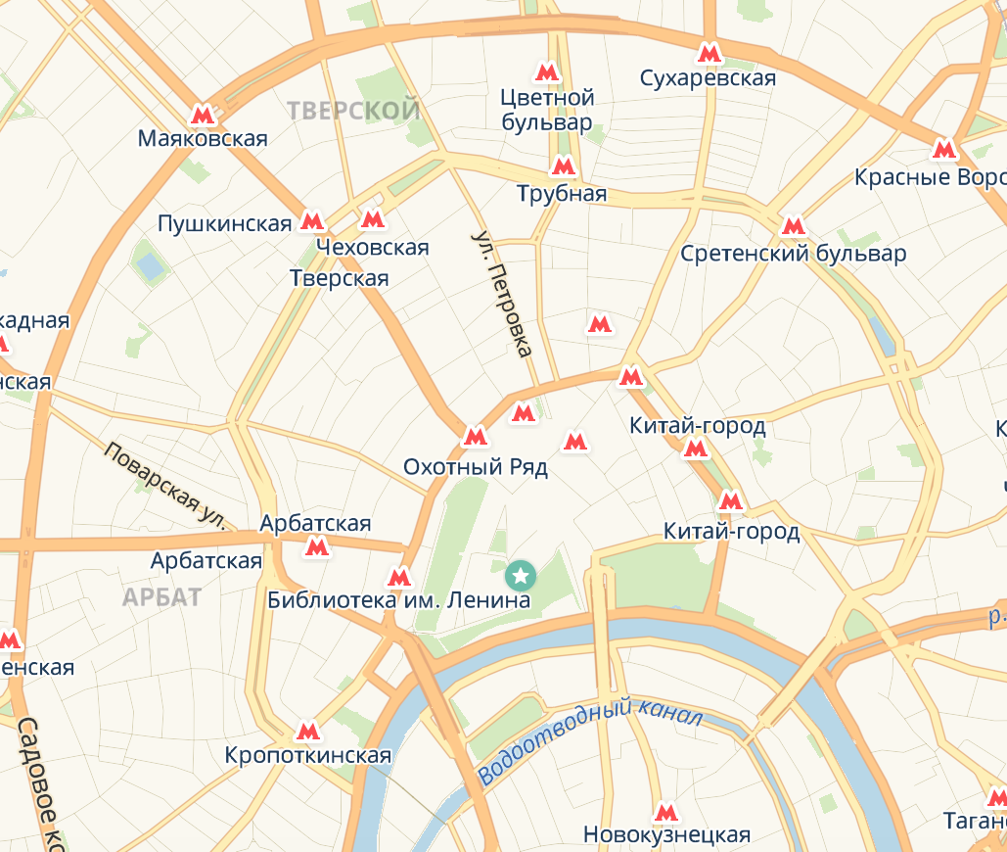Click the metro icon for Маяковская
tap(203, 115)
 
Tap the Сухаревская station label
tap(708, 78)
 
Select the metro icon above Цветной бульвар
tap(546, 72)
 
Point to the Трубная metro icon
tap(563, 166)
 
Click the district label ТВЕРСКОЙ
tap(354, 111)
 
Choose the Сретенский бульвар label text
tap(793, 255)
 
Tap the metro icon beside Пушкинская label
tap(312, 221)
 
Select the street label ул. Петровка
tap(502, 294)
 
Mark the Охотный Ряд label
tap(476, 467)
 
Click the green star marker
tap(521, 571)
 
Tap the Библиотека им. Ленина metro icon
tap(398, 577)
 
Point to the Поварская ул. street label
tap(164, 485)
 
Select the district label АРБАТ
tap(162, 596)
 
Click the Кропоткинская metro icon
tap(307, 731)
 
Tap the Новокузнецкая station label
tap(666, 834)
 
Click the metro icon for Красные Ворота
tap(943, 150)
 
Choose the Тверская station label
tap(340, 278)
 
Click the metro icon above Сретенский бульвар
tap(793, 227)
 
